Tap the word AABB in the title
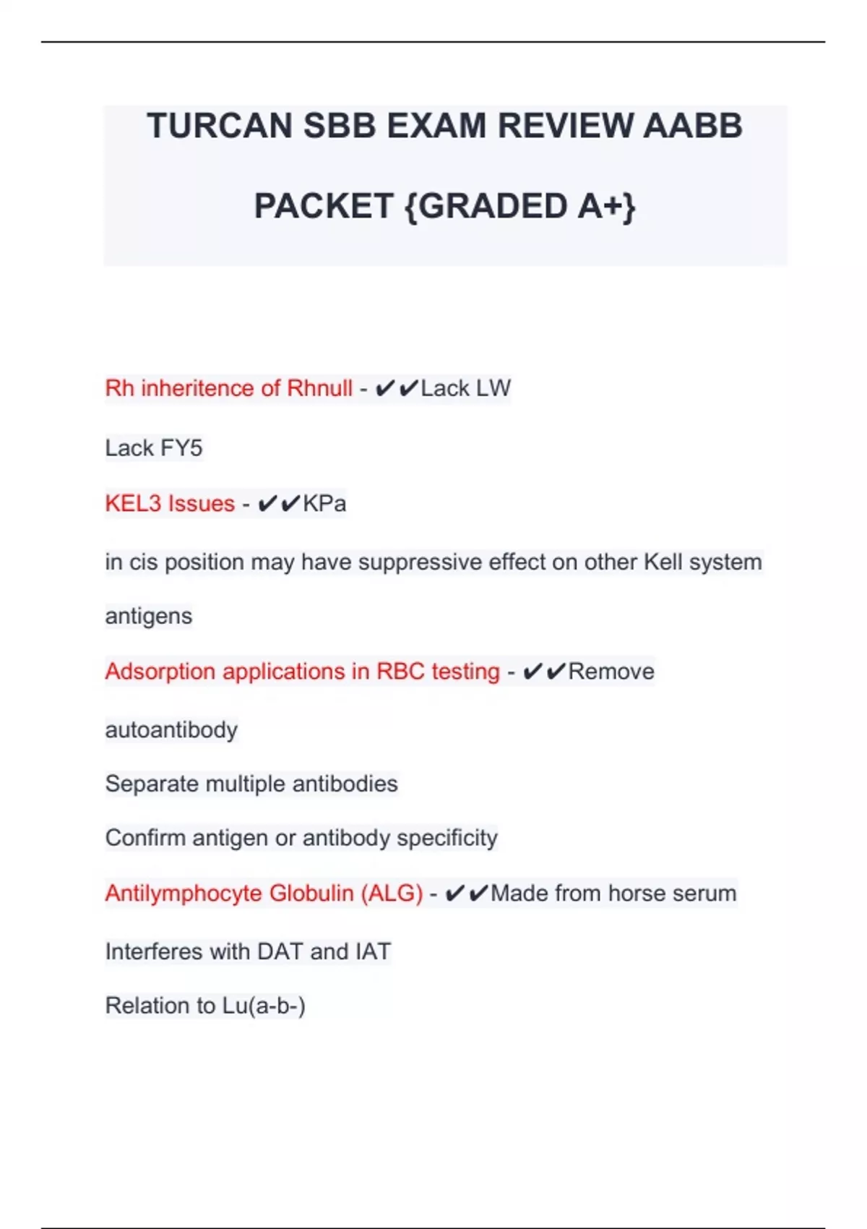coord(692,126)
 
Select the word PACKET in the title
coord(323,207)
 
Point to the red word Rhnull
coord(319,388)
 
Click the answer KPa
coord(324,503)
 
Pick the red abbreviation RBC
coord(400,672)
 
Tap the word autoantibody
coord(171,730)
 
